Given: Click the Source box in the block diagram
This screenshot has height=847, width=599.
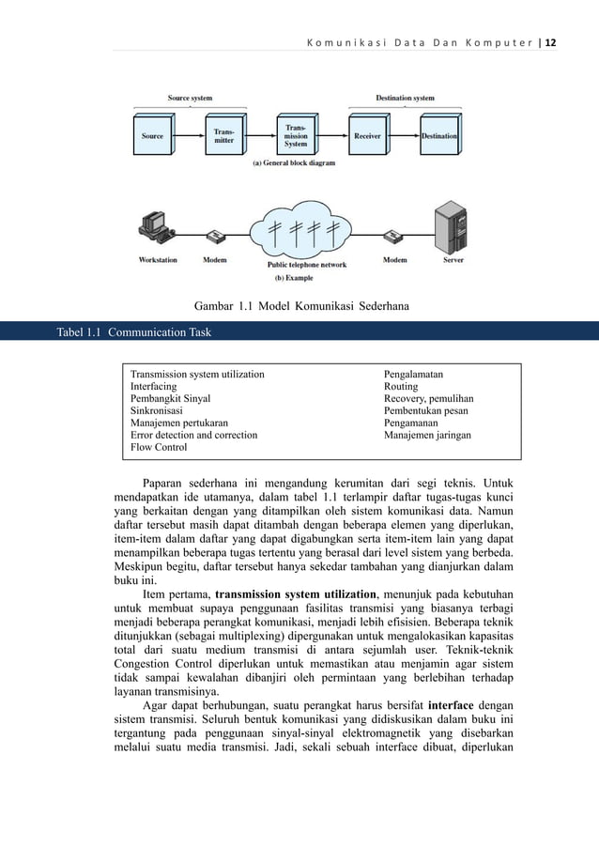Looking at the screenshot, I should pyautogui.click(x=152, y=136).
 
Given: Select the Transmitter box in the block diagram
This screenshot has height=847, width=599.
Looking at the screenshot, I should pyautogui.click(x=223, y=136).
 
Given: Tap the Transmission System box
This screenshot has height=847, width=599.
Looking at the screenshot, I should pyautogui.click(x=296, y=136).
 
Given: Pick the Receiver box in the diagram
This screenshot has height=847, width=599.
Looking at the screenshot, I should pyautogui.click(x=367, y=136).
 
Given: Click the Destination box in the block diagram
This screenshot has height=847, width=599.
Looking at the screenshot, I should pyautogui.click(x=438, y=136).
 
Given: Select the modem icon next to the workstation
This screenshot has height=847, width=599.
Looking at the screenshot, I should pyautogui.click(x=215, y=236).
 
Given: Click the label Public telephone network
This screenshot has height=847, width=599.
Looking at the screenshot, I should pyautogui.click(x=307, y=266).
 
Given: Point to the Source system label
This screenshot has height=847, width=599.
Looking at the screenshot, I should pyautogui.click(x=190, y=98).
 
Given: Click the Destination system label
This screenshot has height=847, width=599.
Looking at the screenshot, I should pyautogui.click(x=405, y=98).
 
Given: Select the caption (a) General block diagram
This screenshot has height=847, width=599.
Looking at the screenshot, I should pyautogui.click(x=295, y=162).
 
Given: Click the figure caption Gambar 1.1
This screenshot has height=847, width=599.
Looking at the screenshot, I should pyautogui.click(x=300, y=305).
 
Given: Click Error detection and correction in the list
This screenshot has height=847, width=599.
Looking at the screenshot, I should pyautogui.click(x=193, y=436).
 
